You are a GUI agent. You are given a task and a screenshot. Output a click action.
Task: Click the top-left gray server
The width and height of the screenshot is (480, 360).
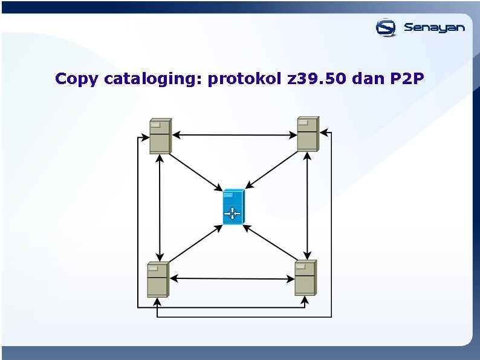[160, 136]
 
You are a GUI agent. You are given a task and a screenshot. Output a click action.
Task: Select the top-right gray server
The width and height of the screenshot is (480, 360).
[307, 134]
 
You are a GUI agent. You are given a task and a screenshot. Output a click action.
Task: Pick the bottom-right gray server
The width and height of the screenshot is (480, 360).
[305, 278]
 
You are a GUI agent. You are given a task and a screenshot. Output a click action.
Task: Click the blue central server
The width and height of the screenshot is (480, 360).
[233, 207]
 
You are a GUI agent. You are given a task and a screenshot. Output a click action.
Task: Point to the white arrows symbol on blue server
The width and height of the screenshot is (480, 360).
[232, 213]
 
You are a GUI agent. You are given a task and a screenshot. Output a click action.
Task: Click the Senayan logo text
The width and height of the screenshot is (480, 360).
[434, 27]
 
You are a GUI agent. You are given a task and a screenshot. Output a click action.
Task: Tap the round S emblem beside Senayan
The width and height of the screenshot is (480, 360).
[386, 27]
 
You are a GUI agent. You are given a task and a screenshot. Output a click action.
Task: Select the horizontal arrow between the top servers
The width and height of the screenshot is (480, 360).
[234, 135]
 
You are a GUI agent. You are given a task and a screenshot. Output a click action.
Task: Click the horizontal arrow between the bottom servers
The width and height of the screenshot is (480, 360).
[232, 279]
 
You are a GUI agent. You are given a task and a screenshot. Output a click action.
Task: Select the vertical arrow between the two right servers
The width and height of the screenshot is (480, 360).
[308, 206]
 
